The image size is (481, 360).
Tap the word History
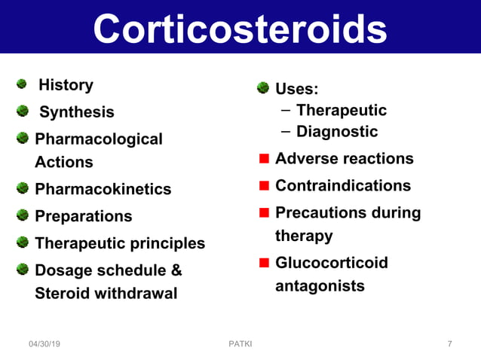point(66,85)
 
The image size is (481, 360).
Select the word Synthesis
point(76,112)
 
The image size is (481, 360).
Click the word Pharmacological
point(98,139)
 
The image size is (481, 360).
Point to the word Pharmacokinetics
point(103,189)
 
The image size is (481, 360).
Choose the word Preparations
point(83,216)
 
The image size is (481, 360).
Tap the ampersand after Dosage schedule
point(176,270)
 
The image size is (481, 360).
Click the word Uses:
point(296,90)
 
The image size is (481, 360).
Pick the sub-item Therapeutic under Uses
point(341,111)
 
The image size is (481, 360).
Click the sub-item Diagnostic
point(336,132)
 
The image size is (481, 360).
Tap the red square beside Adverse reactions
point(264,159)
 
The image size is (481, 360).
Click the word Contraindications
point(342,186)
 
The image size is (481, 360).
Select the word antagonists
point(320,286)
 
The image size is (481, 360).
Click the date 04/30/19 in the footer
point(44,344)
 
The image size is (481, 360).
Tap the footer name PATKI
point(240,344)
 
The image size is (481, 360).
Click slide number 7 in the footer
point(449,344)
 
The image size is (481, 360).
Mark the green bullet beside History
point(23,84)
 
